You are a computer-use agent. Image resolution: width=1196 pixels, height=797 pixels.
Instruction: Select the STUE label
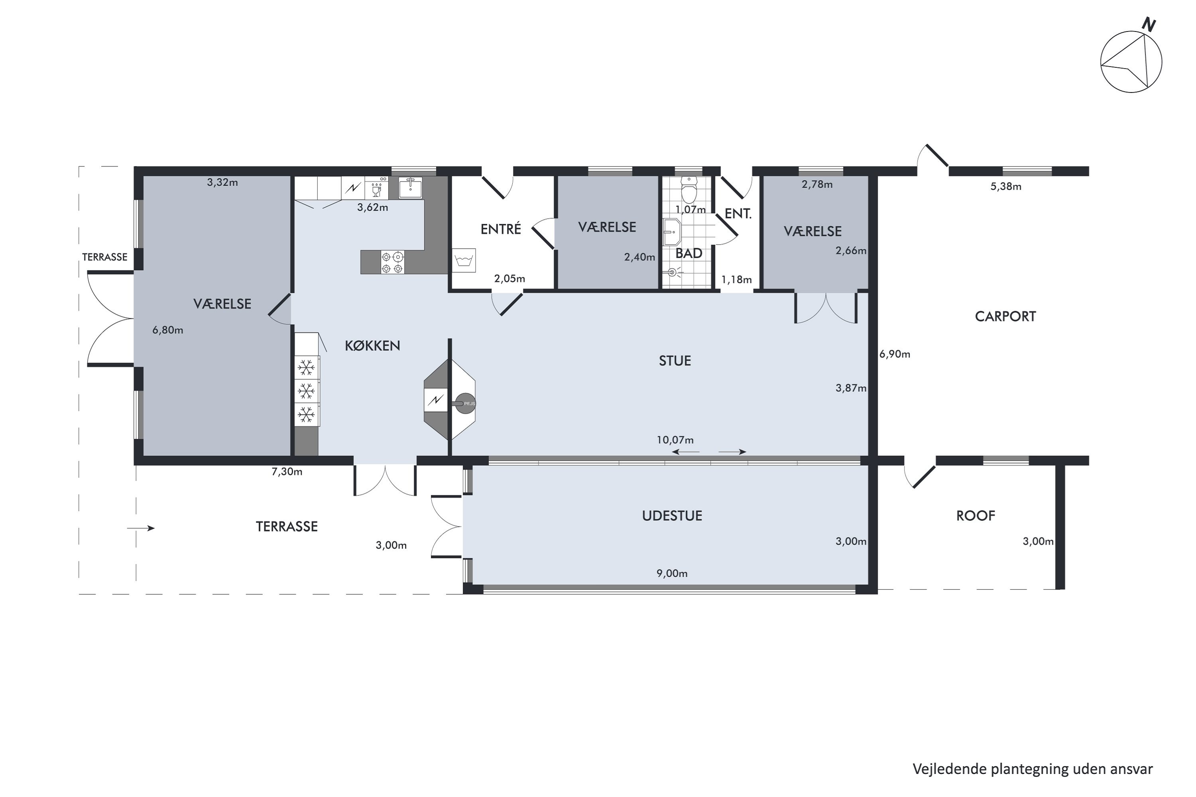[675, 361]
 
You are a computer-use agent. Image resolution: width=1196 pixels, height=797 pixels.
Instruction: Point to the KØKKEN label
[372, 345]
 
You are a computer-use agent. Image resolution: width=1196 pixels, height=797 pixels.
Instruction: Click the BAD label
[688, 253]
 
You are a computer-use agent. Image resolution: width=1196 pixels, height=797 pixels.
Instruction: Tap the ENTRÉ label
[501, 229]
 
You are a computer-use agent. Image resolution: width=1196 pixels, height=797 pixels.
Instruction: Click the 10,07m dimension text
[675, 440]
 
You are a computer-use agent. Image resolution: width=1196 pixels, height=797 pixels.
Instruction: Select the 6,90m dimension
[895, 354]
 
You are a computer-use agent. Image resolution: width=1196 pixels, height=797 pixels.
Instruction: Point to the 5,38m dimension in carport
[1005, 186]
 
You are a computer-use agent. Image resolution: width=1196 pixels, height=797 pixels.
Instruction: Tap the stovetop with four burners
[393, 262]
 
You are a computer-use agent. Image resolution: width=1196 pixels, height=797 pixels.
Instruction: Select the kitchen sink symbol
[410, 187]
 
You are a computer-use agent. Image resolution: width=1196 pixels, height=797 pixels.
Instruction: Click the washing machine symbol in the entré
[464, 260]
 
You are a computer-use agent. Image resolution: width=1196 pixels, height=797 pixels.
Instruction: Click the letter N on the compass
[1148, 24]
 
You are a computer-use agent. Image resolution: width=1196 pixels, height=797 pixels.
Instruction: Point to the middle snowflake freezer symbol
[306, 391]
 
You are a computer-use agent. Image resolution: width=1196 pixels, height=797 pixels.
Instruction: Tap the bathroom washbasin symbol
[672, 232]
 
